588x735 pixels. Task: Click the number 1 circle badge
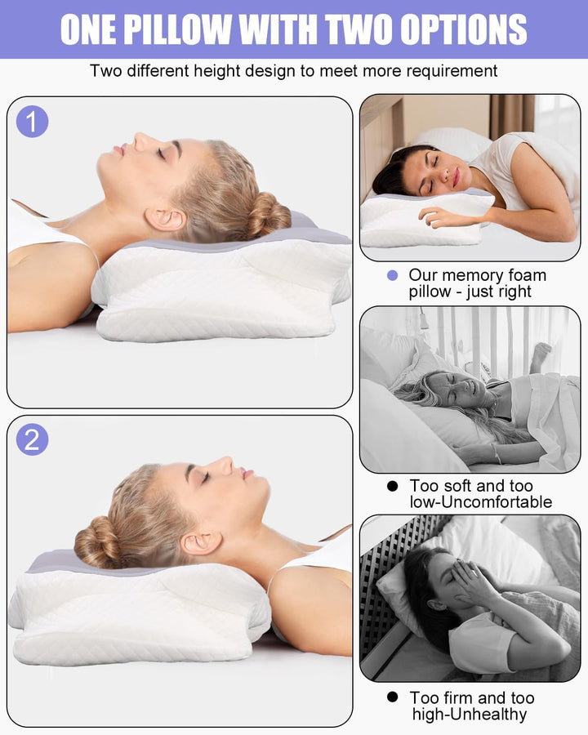pos(33,122)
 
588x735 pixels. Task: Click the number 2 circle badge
pos(33,439)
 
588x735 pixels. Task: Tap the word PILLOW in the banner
pos(179,29)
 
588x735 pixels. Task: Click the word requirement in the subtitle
pos(452,71)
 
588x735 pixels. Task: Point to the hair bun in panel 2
pos(97,541)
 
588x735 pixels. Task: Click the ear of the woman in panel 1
pos(165,218)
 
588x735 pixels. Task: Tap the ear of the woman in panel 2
pos(201,543)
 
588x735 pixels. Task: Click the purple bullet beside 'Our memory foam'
pos(393,275)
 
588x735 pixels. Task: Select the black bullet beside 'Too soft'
pos(393,486)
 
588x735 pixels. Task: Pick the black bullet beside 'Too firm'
pos(393,697)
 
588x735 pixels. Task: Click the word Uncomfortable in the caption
pos(497,502)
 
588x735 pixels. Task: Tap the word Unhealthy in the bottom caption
pos(488,714)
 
